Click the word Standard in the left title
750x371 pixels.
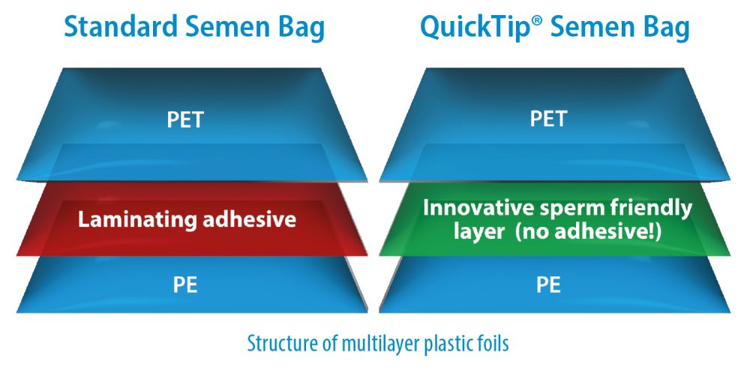coord(121,27)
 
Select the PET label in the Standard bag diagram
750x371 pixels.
coord(185,119)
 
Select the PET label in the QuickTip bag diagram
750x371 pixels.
coord(548,119)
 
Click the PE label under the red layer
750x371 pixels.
coord(185,285)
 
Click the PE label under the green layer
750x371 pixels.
coord(548,285)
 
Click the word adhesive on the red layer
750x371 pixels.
coord(249,219)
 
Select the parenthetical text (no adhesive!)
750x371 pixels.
coord(586,232)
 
